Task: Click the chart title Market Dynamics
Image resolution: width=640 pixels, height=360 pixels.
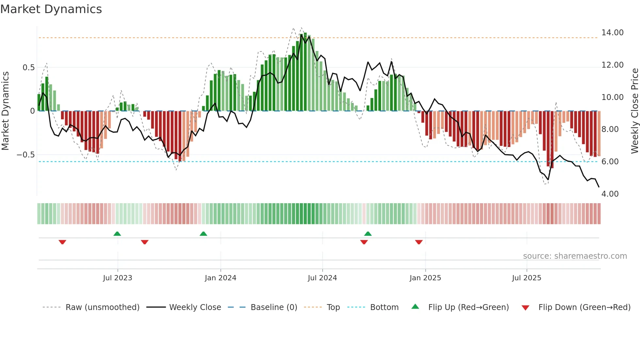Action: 51,9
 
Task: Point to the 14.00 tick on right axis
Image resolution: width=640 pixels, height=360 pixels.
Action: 612,33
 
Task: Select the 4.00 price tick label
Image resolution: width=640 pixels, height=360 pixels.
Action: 610,194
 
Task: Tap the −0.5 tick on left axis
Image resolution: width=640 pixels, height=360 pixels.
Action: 26,155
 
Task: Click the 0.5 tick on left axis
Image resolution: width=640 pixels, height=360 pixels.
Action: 28,68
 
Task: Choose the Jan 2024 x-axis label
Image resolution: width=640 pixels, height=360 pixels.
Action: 220,278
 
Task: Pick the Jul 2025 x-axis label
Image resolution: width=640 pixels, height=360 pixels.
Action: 526,278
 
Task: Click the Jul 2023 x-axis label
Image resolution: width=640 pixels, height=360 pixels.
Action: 118,278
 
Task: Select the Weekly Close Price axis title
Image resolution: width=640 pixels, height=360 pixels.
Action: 634,111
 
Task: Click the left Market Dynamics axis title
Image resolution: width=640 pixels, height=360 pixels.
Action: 5,111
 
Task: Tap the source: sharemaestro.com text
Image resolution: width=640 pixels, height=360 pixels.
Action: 575,256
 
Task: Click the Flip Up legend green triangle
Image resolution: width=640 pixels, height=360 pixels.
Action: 415,306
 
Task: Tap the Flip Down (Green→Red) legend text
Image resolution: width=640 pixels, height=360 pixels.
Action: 584,307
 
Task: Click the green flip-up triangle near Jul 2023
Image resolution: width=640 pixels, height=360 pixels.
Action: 117,234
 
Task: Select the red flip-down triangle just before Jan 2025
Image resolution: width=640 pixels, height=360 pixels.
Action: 419,242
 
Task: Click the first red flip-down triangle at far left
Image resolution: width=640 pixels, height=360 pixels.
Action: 62,242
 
